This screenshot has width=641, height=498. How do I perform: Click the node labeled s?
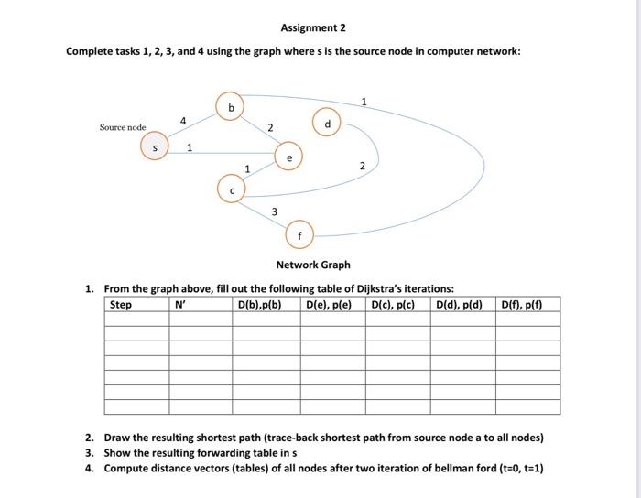point(155,146)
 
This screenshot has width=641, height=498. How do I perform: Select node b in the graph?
point(231,106)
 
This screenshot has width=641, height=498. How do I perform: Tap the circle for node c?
point(232,189)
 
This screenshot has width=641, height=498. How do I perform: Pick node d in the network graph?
point(327,123)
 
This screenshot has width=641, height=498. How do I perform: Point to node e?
point(289,157)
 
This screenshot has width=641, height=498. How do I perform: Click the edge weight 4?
point(183,120)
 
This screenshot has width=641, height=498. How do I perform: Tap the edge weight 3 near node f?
point(274,212)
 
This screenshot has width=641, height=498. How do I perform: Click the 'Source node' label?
point(123,127)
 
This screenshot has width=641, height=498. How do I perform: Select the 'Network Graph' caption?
point(313,265)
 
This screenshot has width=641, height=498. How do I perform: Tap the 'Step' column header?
point(121,305)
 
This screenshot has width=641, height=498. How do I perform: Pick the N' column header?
point(180,305)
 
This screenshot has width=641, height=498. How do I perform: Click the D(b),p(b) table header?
point(259,305)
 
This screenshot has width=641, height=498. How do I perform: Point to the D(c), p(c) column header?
point(395,305)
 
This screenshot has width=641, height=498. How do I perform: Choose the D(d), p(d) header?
point(460,305)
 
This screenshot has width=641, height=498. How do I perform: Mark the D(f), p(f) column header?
point(524,305)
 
